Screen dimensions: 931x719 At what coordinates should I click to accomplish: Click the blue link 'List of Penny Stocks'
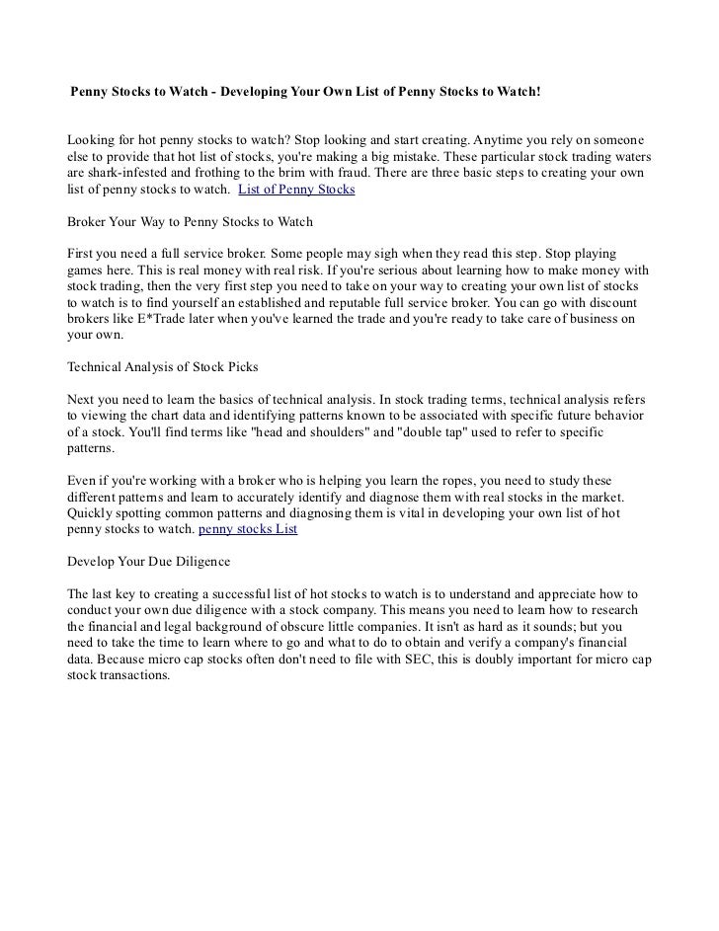tap(297, 188)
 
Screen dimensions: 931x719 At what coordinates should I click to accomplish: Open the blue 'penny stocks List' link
tap(248, 528)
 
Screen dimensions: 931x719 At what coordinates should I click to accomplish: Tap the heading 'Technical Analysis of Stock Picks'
tap(162, 366)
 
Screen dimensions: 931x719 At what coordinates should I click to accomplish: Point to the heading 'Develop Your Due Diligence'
tap(147, 561)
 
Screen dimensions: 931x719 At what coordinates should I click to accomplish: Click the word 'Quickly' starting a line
tap(90, 512)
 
